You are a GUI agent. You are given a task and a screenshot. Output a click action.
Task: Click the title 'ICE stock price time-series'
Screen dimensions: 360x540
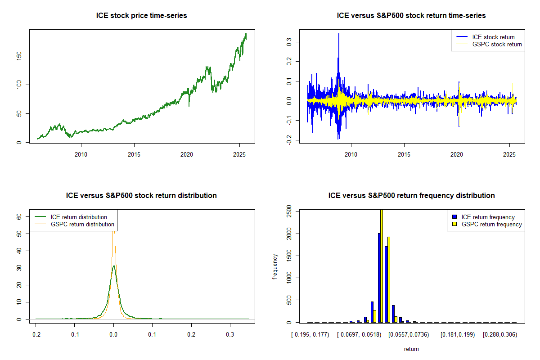[x=142, y=16]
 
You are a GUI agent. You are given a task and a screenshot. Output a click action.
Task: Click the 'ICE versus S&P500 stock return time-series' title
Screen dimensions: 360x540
[x=411, y=16]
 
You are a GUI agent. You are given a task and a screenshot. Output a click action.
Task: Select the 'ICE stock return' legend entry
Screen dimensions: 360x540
[x=493, y=37]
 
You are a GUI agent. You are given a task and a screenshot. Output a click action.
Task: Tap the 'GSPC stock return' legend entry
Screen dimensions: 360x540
[x=497, y=44]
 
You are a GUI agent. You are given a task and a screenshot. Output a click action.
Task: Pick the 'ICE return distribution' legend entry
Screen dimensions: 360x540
[x=79, y=217]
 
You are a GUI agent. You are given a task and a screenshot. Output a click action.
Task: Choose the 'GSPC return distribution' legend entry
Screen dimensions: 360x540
[x=82, y=224]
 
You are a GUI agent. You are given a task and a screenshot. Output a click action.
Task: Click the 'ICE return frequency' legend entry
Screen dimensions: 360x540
[x=488, y=217]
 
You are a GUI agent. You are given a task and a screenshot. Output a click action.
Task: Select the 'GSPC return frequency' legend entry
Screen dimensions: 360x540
[x=491, y=224]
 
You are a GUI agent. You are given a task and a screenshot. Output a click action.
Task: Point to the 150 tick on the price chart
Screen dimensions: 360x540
[x=21, y=56]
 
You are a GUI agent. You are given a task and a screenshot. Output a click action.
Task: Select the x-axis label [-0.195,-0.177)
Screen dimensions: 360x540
[x=310, y=335]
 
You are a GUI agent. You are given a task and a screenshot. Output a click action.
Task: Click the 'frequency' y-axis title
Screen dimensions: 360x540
[x=275, y=267]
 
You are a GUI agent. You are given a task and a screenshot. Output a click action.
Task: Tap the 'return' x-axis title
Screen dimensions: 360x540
[x=411, y=349]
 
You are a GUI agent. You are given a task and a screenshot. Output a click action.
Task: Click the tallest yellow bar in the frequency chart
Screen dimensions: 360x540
[x=381, y=266]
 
